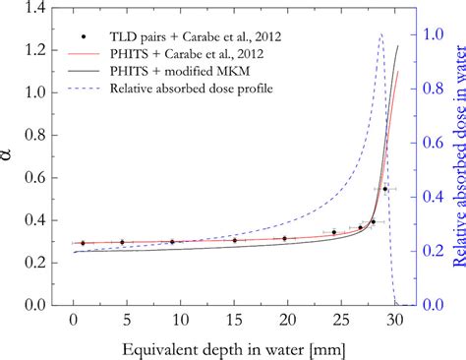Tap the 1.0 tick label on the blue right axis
pos(423,33)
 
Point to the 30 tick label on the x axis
pos(394,321)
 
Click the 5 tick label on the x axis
pos(126,321)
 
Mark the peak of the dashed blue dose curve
pos(381,34)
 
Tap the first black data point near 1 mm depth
pos(83,242)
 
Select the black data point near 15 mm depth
pos(234,240)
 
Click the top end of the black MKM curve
pos(398,46)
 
